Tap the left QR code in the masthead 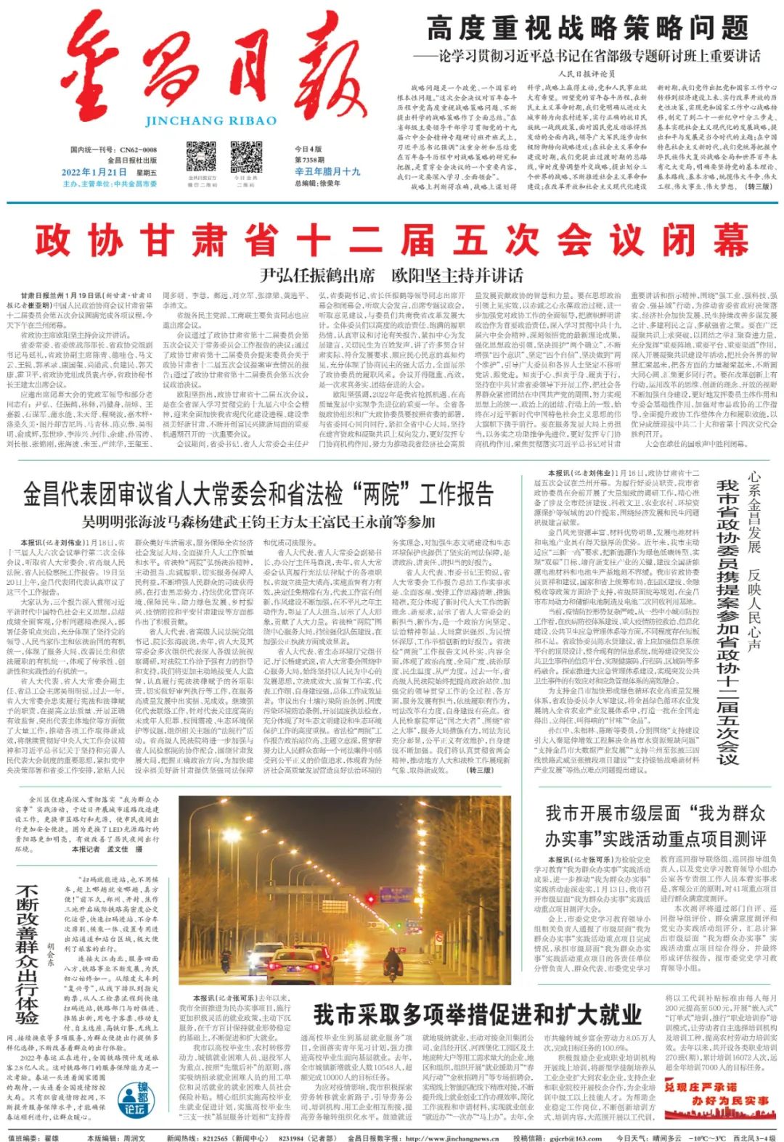click(x=201, y=156)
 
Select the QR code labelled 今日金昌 click(x=245, y=157)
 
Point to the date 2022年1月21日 click(x=94, y=172)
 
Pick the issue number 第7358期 click(x=309, y=160)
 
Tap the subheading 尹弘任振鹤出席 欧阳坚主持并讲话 click(x=392, y=276)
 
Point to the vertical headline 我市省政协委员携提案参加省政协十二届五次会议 click(x=727, y=622)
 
